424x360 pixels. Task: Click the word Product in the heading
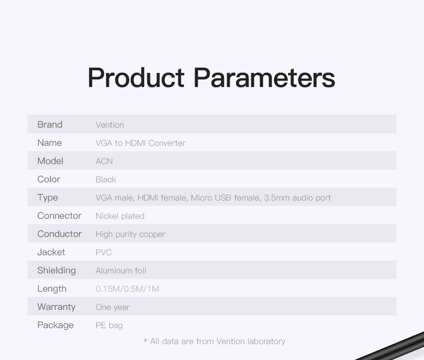(x=136, y=78)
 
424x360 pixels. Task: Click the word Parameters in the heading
(x=264, y=78)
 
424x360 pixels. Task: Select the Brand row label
(x=50, y=124)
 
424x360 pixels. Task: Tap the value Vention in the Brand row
(x=110, y=125)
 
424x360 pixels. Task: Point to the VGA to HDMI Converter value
(x=140, y=143)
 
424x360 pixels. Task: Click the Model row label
(x=50, y=161)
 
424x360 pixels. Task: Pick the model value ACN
(x=104, y=161)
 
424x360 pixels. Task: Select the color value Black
(x=106, y=180)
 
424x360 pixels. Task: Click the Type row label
(x=47, y=198)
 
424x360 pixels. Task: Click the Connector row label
(x=59, y=216)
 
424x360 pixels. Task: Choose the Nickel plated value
(x=120, y=216)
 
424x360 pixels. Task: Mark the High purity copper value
(x=130, y=234)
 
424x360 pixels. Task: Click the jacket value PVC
(x=104, y=252)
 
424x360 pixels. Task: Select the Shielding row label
(x=57, y=270)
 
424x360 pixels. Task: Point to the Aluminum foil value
(x=121, y=271)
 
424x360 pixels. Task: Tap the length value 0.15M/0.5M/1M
(x=127, y=289)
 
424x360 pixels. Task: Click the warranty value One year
(x=113, y=307)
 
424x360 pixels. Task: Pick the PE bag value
(x=109, y=325)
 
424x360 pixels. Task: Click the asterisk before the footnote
(x=145, y=340)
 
